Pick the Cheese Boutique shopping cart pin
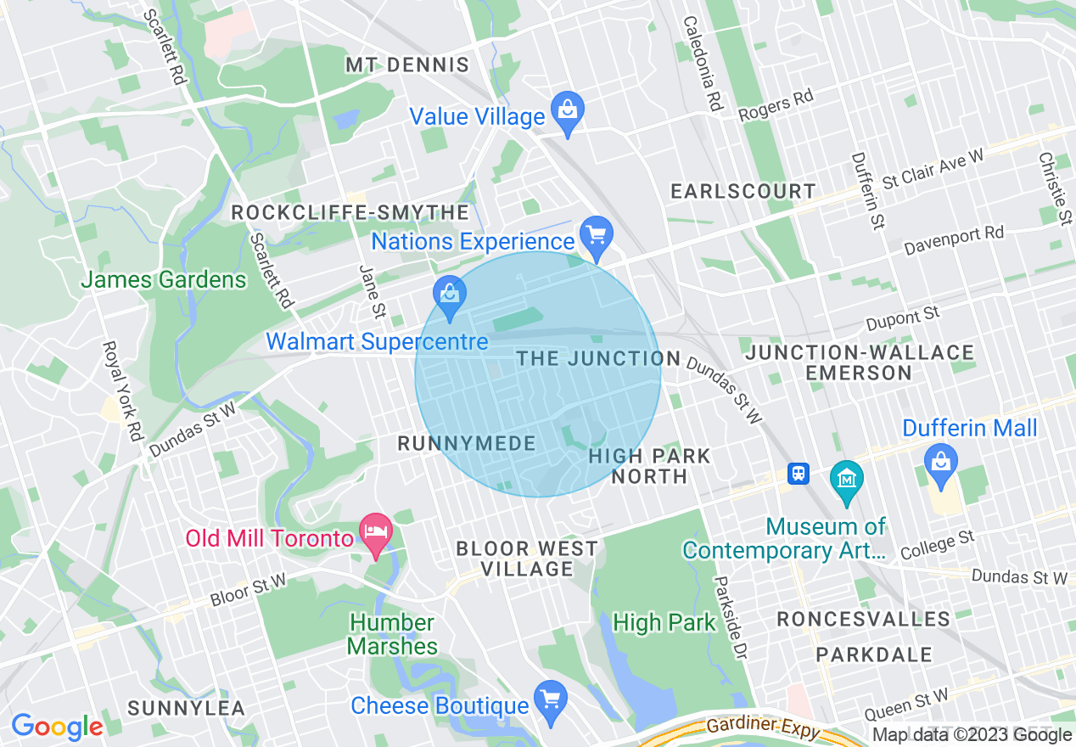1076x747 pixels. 551,700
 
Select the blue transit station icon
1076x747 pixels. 798,474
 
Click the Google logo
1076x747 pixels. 57,727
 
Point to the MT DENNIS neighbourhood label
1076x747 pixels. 407,65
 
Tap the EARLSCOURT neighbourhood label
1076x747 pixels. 743,191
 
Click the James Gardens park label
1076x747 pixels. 164,279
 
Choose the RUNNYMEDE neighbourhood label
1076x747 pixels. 467,443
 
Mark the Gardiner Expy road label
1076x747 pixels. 763,727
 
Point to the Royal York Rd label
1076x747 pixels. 121,390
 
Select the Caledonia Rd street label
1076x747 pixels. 701,64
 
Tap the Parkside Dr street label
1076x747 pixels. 729,618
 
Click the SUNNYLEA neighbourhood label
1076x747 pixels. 186,708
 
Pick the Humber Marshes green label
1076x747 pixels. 392,634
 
